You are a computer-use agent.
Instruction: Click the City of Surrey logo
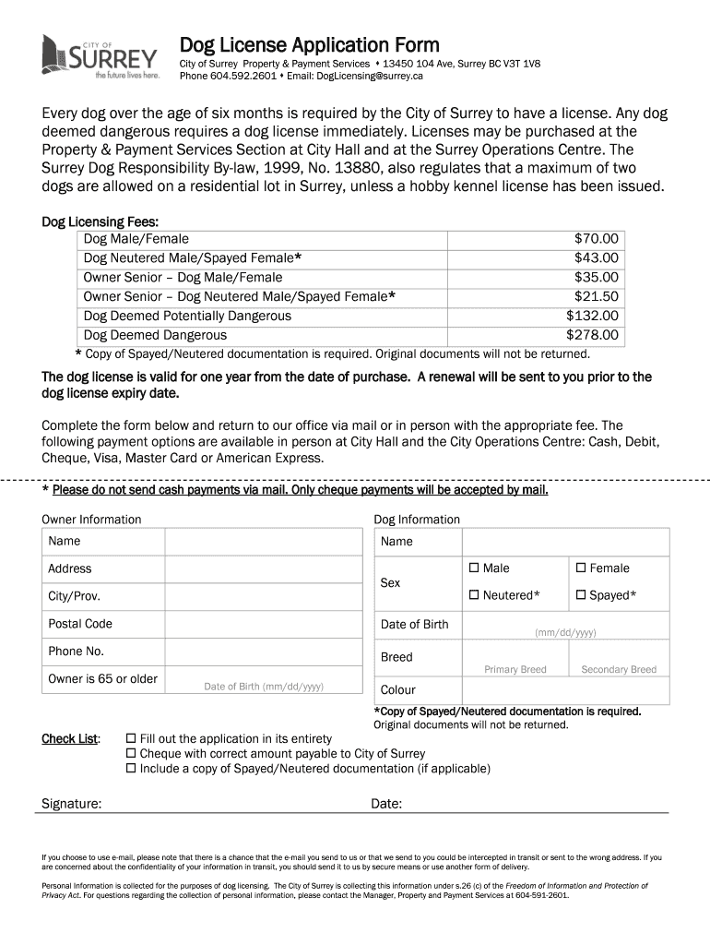point(100,57)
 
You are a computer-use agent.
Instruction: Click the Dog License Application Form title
point(309,44)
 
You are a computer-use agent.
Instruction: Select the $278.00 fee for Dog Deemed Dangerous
point(592,335)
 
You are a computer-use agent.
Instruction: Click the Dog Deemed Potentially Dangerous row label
point(187,316)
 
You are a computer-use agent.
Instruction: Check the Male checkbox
point(475,568)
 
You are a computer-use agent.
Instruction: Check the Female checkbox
point(581,568)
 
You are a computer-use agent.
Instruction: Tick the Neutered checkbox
point(475,595)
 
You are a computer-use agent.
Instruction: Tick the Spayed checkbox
point(581,595)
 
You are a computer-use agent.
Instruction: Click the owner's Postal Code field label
point(80,624)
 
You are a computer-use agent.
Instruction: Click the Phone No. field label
point(76,652)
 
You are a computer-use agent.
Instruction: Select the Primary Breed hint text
point(515,669)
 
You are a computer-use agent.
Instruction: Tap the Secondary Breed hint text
point(619,669)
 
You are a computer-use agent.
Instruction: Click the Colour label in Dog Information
point(398,689)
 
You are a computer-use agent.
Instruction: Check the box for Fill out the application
point(131,739)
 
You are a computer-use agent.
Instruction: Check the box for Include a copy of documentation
point(131,768)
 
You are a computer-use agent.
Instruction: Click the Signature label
point(72,804)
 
